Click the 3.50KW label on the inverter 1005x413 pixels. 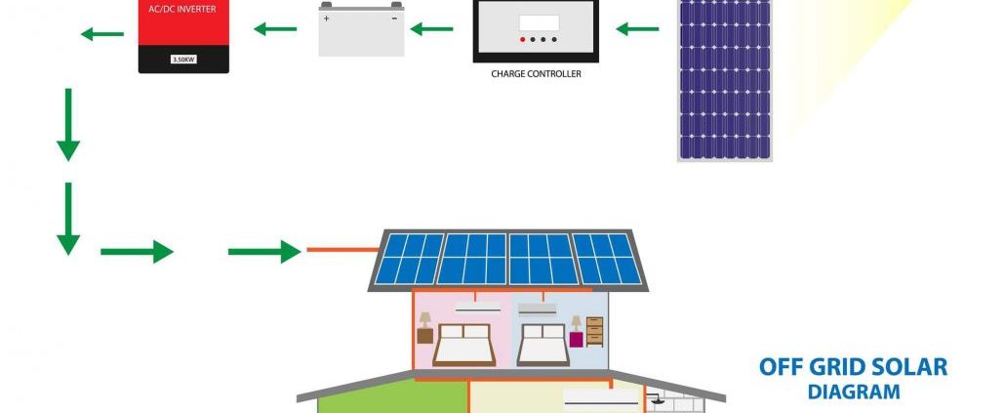click(183, 60)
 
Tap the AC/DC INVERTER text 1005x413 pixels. click(182, 10)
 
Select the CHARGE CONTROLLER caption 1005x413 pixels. click(536, 74)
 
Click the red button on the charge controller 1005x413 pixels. click(522, 40)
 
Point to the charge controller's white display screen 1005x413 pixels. click(539, 23)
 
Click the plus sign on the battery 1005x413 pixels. click(326, 19)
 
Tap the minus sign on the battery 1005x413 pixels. click(394, 18)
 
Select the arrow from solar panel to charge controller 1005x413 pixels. click(637, 29)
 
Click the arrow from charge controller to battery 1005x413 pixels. click(431, 29)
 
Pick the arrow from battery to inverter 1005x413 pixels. click(275, 29)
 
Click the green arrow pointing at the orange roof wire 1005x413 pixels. click(264, 251)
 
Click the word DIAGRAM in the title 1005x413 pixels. click(854, 392)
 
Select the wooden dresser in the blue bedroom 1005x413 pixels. click(595, 332)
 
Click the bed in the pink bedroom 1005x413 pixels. click(463, 345)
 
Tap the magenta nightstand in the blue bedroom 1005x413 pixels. click(577, 339)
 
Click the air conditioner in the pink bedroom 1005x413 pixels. click(477, 308)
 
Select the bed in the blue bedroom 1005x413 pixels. click(543, 345)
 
